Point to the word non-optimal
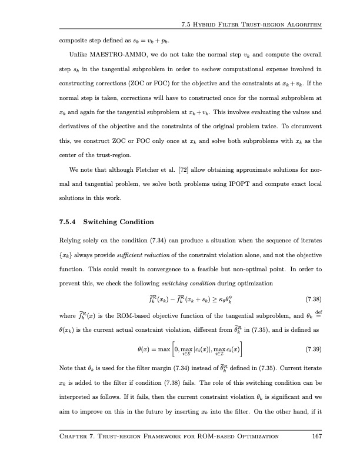pos(221,269)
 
